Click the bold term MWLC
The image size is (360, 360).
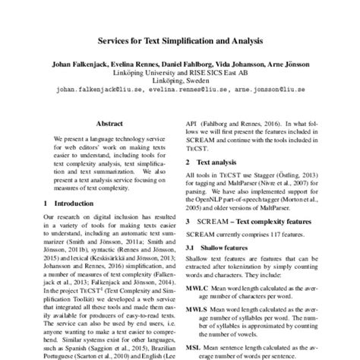pos(199,289)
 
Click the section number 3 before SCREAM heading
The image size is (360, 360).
pos(188,220)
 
